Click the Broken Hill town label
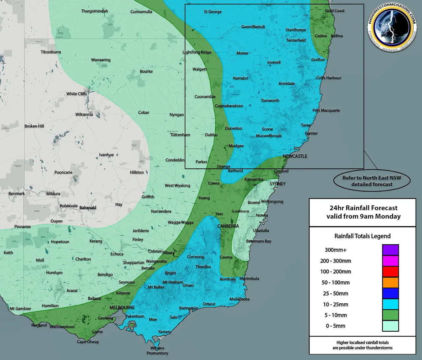pos(34,126)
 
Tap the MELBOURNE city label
pos(122,307)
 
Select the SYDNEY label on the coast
pos(278,184)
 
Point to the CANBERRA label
pos(228,226)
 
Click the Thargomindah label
pos(95,11)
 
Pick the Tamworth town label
pos(270,101)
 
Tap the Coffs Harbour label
pos(329,78)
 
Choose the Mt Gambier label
pos(20,309)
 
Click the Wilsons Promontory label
pos(157,350)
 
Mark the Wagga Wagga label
pos(181,222)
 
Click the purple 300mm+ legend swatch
pos(390,250)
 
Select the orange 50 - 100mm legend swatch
pos(390,283)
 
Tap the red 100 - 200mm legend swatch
pos(390,272)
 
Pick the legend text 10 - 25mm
pos(336,304)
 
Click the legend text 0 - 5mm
pos(336,326)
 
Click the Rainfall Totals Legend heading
pos(362,236)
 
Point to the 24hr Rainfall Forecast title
pos(363,208)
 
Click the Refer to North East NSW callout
pos(372,181)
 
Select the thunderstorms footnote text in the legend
pos(362,345)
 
